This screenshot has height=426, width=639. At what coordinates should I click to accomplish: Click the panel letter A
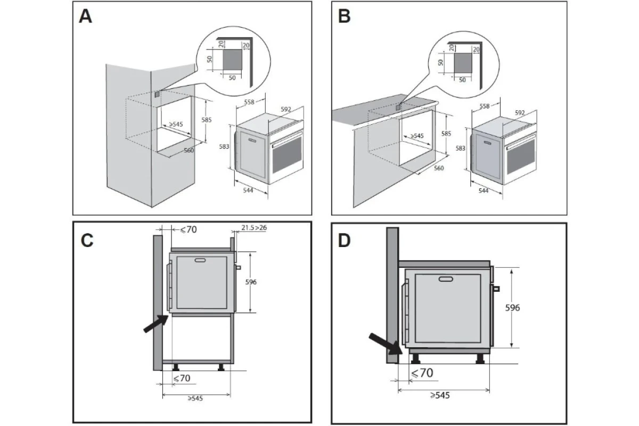coord(85,17)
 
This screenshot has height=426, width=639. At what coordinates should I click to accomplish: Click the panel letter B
coord(344,17)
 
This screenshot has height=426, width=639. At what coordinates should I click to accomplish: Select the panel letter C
coord(87,241)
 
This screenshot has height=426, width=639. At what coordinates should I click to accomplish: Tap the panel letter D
coord(345,241)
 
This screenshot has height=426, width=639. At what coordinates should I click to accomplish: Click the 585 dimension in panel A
coord(206,120)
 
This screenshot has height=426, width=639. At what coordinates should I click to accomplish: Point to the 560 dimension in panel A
coord(189,150)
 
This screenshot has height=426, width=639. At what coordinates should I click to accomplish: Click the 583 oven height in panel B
coord(460,149)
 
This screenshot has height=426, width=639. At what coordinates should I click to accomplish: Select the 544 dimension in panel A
coord(248,190)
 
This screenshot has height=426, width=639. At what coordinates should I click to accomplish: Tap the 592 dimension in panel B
coord(520,113)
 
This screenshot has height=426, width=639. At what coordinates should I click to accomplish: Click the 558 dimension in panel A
coord(249,102)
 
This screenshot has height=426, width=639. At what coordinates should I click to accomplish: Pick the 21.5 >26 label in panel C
coord(254,228)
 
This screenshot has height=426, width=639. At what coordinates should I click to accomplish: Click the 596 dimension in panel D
coord(512,308)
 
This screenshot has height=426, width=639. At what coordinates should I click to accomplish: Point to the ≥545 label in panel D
coord(440,395)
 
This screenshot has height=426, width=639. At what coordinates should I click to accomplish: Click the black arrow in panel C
coord(155,324)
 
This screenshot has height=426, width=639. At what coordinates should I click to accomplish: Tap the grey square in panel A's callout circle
coord(232,59)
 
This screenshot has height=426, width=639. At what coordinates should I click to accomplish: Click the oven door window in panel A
coord(287,154)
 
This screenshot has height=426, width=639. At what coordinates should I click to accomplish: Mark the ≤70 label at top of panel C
coord(189,230)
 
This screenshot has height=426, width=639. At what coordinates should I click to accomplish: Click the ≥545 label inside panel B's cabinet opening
coord(417,136)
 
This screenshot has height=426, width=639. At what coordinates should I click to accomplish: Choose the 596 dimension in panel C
coord(251,282)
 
